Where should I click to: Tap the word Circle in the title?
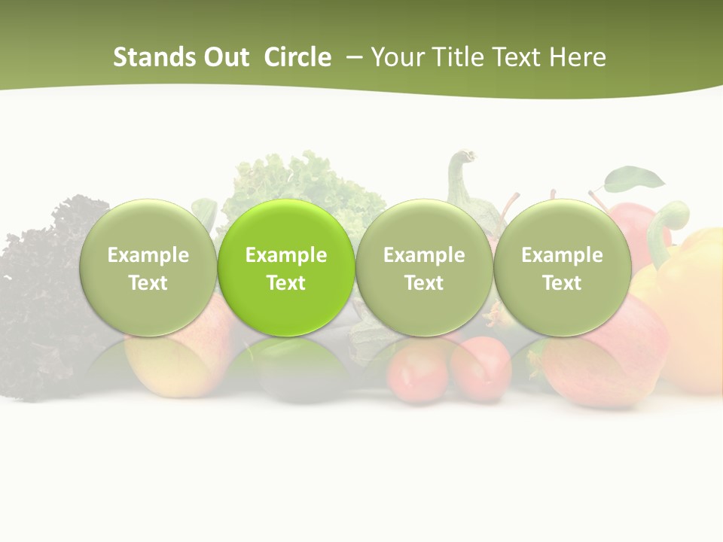[297, 57]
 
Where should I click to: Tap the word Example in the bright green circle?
[286, 255]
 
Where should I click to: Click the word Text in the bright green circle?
[286, 283]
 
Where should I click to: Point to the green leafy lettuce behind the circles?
[301, 181]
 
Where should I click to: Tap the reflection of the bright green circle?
[286, 369]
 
